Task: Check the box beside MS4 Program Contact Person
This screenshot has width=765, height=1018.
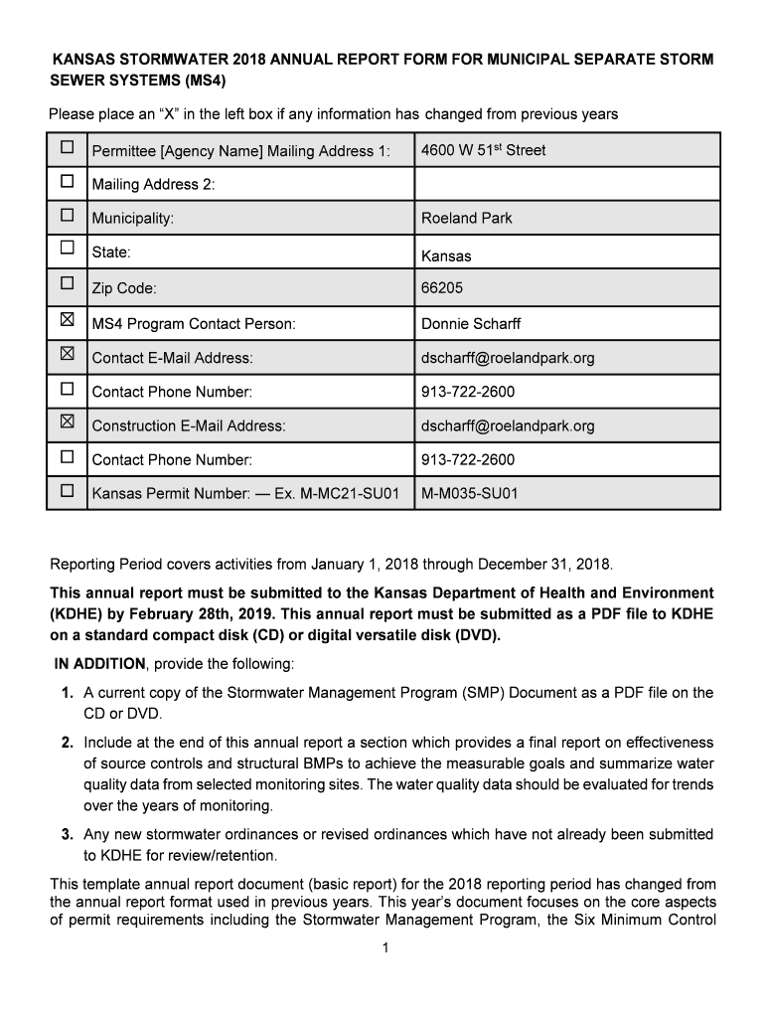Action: pyautogui.click(x=67, y=320)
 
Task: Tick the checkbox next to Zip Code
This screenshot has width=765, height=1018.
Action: pyautogui.click(x=67, y=284)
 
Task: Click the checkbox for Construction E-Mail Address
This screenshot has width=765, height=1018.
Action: pyautogui.click(x=67, y=422)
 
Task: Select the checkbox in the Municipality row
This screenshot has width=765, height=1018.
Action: pyautogui.click(x=67, y=215)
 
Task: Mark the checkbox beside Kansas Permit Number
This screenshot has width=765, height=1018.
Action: pyautogui.click(x=67, y=490)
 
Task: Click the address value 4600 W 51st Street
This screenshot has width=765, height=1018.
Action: pyautogui.click(x=483, y=150)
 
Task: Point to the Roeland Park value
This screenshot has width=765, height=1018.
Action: pyautogui.click(x=466, y=218)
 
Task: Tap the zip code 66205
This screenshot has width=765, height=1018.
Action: pyautogui.click(x=442, y=288)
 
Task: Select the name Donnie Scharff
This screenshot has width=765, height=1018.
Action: pyautogui.click(x=470, y=324)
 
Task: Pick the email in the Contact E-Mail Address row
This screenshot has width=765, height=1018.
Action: pyautogui.click(x=508, y=358)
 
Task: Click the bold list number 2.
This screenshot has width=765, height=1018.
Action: pyautogui.click(x=67, y=743)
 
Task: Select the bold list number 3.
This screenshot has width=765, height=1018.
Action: pyautogui.click(x=67, y=834)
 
